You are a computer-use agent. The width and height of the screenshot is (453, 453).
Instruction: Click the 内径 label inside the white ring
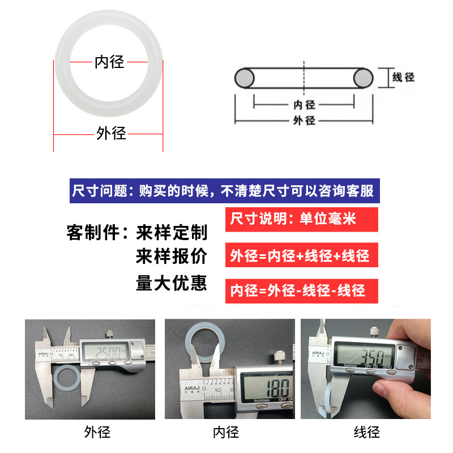[109, 62]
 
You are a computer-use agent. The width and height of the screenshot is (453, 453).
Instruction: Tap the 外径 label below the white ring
[111, 133]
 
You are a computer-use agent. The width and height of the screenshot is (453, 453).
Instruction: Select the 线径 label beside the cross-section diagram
[403, 77]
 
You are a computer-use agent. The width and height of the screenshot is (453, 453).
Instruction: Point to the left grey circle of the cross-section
[245, 78]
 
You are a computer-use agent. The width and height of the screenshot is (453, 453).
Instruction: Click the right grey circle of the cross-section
[364, 78]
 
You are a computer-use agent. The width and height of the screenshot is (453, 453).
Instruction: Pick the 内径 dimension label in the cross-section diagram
[304, 105]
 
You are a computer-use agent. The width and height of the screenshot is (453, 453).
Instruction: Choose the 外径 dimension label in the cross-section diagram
[304, 120]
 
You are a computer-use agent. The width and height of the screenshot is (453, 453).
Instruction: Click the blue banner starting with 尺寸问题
[224, 191]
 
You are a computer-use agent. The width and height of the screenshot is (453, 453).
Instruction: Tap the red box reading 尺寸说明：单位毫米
[302, 219]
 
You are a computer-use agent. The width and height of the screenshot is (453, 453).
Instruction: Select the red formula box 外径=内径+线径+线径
[302, 255]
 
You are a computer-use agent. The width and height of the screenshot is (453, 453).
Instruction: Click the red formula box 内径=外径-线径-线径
[302, 291]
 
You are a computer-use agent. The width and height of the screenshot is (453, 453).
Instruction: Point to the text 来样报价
[172, 256]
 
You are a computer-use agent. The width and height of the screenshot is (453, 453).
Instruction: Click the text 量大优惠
[172, 283]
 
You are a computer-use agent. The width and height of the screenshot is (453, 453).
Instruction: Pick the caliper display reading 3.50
[365, 356]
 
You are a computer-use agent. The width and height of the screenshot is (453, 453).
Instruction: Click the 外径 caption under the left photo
[97, 432]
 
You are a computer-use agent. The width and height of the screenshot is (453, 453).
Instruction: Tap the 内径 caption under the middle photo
[226, 432]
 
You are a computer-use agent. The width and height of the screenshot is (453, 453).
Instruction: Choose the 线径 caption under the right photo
[367, 432]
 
